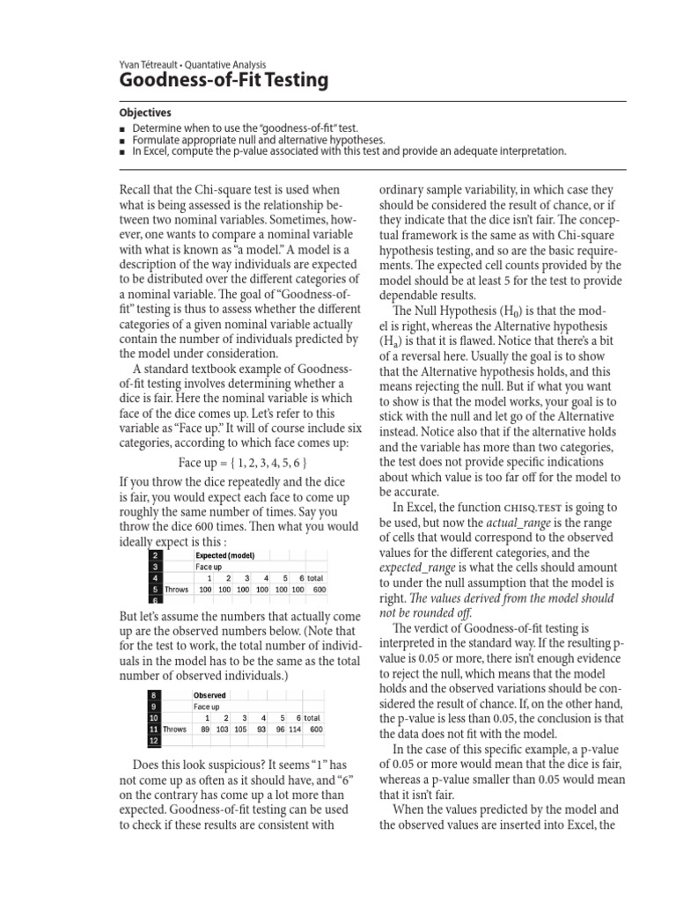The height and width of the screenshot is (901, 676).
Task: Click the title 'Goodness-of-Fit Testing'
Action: coord(223,82)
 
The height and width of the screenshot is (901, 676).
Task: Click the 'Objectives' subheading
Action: coord(145,114)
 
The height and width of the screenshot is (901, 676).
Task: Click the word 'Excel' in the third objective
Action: coord(152,151)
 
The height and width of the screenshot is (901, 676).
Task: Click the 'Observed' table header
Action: coord(209,695)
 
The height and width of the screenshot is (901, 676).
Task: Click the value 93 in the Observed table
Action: coord(261,729)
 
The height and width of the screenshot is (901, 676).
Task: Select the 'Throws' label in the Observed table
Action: coord(175,729)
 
